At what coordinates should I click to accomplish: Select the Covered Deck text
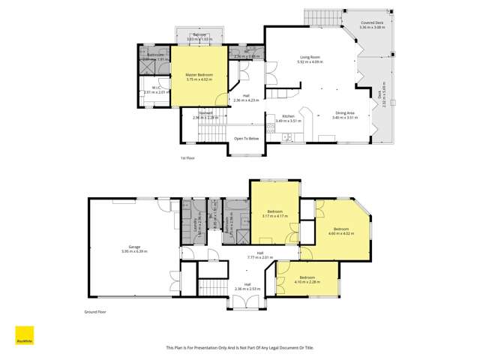click(371, 23)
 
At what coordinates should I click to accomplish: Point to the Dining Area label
click(345, 113)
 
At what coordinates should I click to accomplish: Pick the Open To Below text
click(247, 139)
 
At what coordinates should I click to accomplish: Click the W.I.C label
click(156, 89)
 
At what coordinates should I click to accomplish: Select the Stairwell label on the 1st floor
click(205, 114)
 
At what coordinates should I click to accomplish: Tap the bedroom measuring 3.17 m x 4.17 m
click(275, 213)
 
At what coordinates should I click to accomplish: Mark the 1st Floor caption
click(187, 158)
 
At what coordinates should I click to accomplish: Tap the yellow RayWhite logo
click(24, 335)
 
